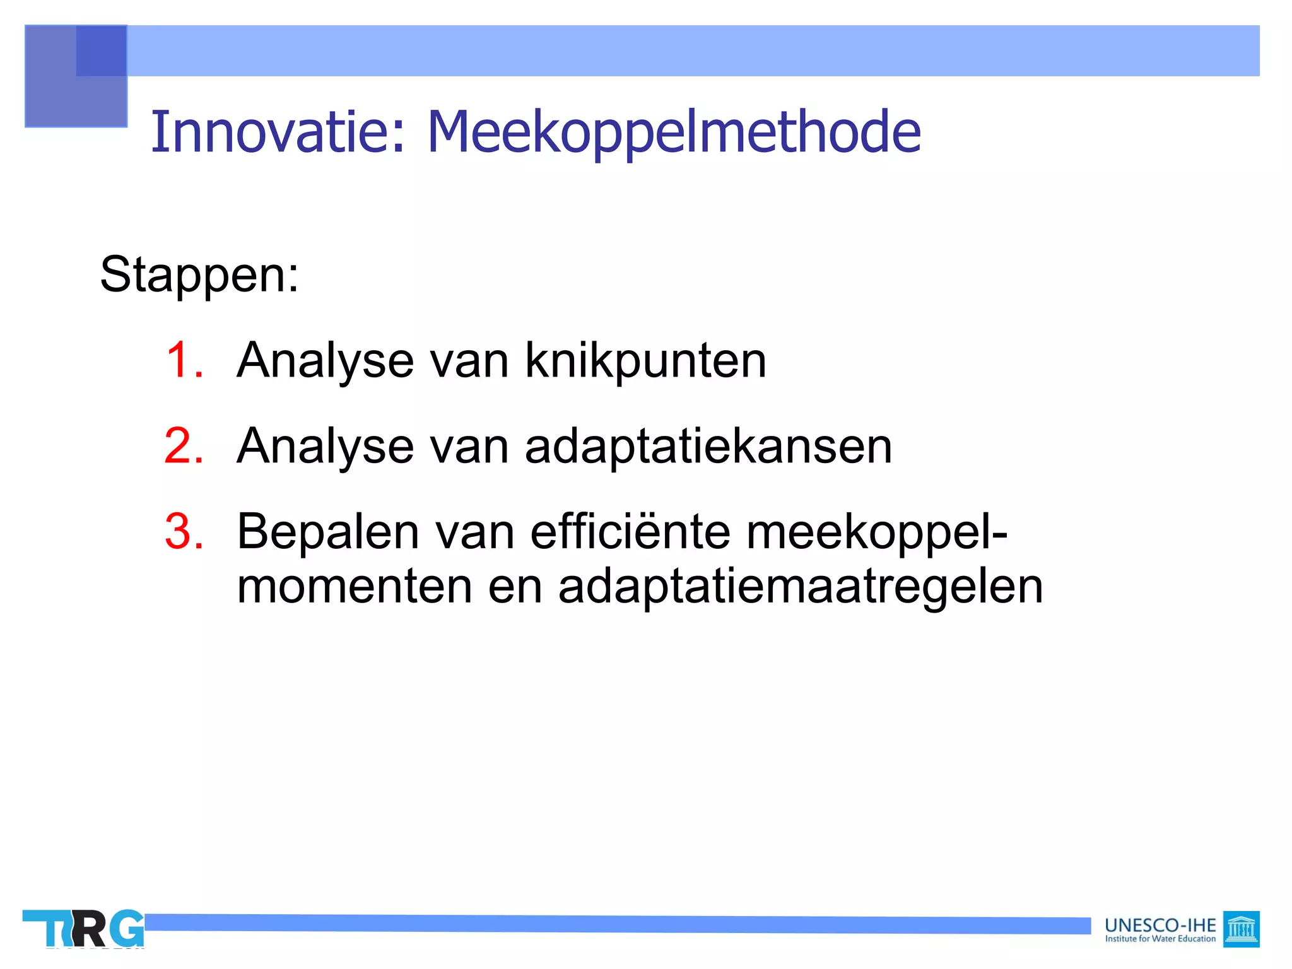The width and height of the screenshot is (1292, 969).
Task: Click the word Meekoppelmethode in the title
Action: click(x=674, y=132)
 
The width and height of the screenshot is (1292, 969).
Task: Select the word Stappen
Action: click(x=198, y=275)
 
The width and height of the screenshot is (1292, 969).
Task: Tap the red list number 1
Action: click(x=184, y=360)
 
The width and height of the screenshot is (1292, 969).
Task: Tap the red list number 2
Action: click(x=184, y=446)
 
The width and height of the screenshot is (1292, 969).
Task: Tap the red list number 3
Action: click(x=184, y=531)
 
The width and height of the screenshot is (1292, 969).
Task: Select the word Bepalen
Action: click(x=328, y=531)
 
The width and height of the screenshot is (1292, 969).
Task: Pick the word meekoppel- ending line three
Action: click(x=877, y=531)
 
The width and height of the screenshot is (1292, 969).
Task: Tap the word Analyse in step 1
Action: click(x=326, y=360)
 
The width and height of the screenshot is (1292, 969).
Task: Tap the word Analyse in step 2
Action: click(x=326, y=446)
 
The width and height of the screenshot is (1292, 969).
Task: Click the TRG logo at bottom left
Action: click(x=83, y=928)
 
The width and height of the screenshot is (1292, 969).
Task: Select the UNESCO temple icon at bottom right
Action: click(x=1241, y=929)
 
